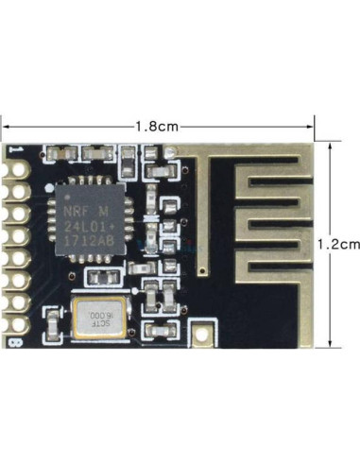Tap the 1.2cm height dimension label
coord(339,243)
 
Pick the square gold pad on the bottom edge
coord(204,333)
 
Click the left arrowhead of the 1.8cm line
coord(4,125)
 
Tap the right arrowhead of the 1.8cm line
coord(312,125)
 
